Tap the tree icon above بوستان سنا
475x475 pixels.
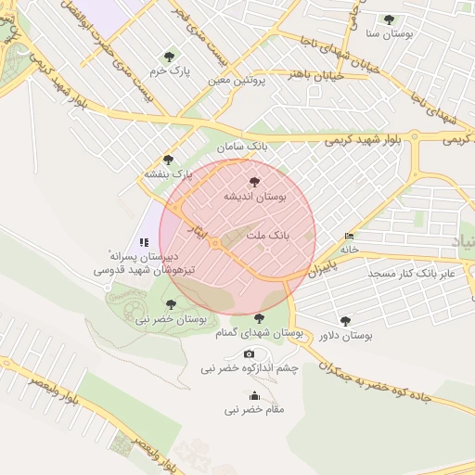point(389,19)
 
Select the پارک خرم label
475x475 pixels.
point(170,71)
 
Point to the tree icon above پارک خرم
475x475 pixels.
point(168,56)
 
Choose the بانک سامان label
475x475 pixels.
point(242,147)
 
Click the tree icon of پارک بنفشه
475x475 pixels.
point(168,160)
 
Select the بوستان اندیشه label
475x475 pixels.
point(255,197)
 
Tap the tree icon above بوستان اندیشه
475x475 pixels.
point(255,182)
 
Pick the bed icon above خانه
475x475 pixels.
point(349,237)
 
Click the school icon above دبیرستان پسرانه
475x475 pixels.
point(144,241)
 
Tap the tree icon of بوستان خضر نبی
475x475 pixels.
point(170,303)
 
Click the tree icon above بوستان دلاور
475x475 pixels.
point(346,321)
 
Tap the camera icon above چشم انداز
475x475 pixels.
point(249,354)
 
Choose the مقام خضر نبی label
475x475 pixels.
point(256,409)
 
